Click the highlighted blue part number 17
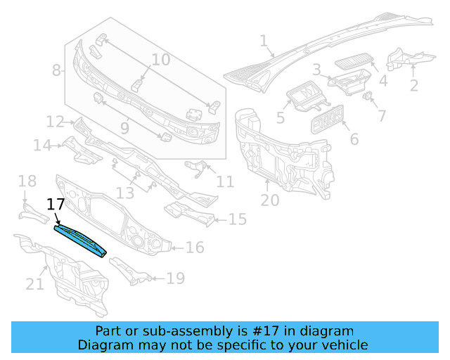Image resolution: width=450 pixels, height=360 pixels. [81, 240]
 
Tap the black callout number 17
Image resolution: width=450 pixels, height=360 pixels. [56, 205]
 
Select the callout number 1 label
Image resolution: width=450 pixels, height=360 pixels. [264, 41]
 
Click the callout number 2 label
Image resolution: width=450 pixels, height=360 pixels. [413, 86]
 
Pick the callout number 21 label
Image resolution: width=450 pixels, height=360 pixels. [34, 284]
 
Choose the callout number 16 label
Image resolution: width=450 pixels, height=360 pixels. [195, 247]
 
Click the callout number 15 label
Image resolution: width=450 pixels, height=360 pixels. [238, 220]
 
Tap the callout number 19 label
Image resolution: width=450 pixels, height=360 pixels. [175, 279]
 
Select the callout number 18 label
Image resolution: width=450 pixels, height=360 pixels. [27, 182]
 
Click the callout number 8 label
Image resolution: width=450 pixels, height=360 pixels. [57, 70]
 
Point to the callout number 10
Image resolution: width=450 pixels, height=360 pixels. [160, 60]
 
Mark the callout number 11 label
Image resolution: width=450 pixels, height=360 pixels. [225, 182]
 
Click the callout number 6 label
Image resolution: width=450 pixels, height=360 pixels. [354, 139]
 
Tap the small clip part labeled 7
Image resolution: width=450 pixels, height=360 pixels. [367, 96]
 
